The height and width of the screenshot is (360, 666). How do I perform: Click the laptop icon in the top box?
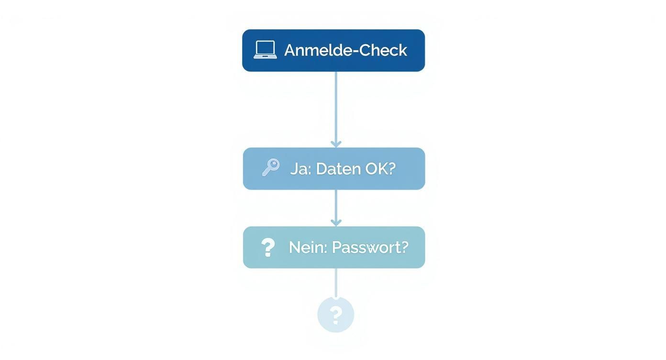265,50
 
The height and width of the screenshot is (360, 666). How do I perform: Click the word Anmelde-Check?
345,50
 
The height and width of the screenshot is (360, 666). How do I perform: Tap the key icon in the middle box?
271,168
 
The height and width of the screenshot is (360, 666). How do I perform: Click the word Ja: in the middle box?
300,169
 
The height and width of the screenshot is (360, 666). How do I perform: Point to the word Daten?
338,169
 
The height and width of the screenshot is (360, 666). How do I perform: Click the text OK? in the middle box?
380,169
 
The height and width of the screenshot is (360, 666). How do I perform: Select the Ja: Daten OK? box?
333,182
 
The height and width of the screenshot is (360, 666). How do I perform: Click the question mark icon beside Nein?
268,247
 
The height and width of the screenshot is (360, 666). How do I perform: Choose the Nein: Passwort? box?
333,261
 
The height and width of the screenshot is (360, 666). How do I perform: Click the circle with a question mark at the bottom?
336,315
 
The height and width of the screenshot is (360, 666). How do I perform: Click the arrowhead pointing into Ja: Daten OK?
336,144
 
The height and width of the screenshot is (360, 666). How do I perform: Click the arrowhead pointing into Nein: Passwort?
336,222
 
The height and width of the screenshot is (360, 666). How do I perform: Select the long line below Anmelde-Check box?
336,105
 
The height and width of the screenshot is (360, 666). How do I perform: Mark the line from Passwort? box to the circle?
336,282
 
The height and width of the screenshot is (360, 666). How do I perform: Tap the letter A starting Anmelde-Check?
290,50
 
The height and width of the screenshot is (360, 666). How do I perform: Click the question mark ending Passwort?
404,247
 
